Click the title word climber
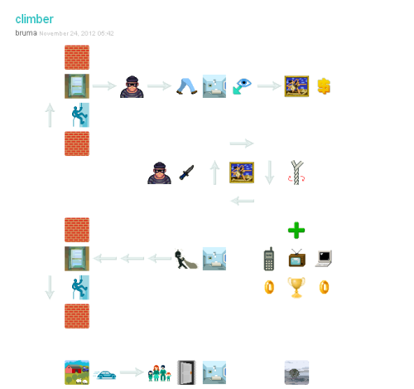pyautogui.click(x=34, y=19)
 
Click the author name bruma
pyautogui.click(x=26, y=33)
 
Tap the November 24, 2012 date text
pyautogui.click(x=76, y=33)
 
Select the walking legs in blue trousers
pyautogui.click(x=187, y=86)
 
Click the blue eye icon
pyautogui.click(x=242, y=86)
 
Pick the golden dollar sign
pyautogui.click(x=324, y=86)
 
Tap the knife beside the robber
pyautogui.click(x=187, y=173)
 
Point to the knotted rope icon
pyautogui.click(x=296, y=173)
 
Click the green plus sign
pyautogui.click(x=296, y=231)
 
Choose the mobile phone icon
pyautogui.click(x=269, y=259)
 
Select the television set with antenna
pyautogui.click(x=296, y=258)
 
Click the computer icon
pyautogui.click(x=324, y=259)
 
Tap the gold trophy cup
pyautogui.click(x=296, y=288)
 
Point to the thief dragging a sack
pyautogui.click(x=186, y=259)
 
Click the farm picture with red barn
pyautogui.click(x=77, y=372)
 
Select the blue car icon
pyautogui.click(x=106, y=375)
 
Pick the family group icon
pyautogui.click(x=159, y=373)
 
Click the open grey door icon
pyautogui.click(x=186, y=372)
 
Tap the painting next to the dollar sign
pyautogui.click(x=296, y=86)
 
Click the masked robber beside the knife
pyautogui.click(x=159, y=173)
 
